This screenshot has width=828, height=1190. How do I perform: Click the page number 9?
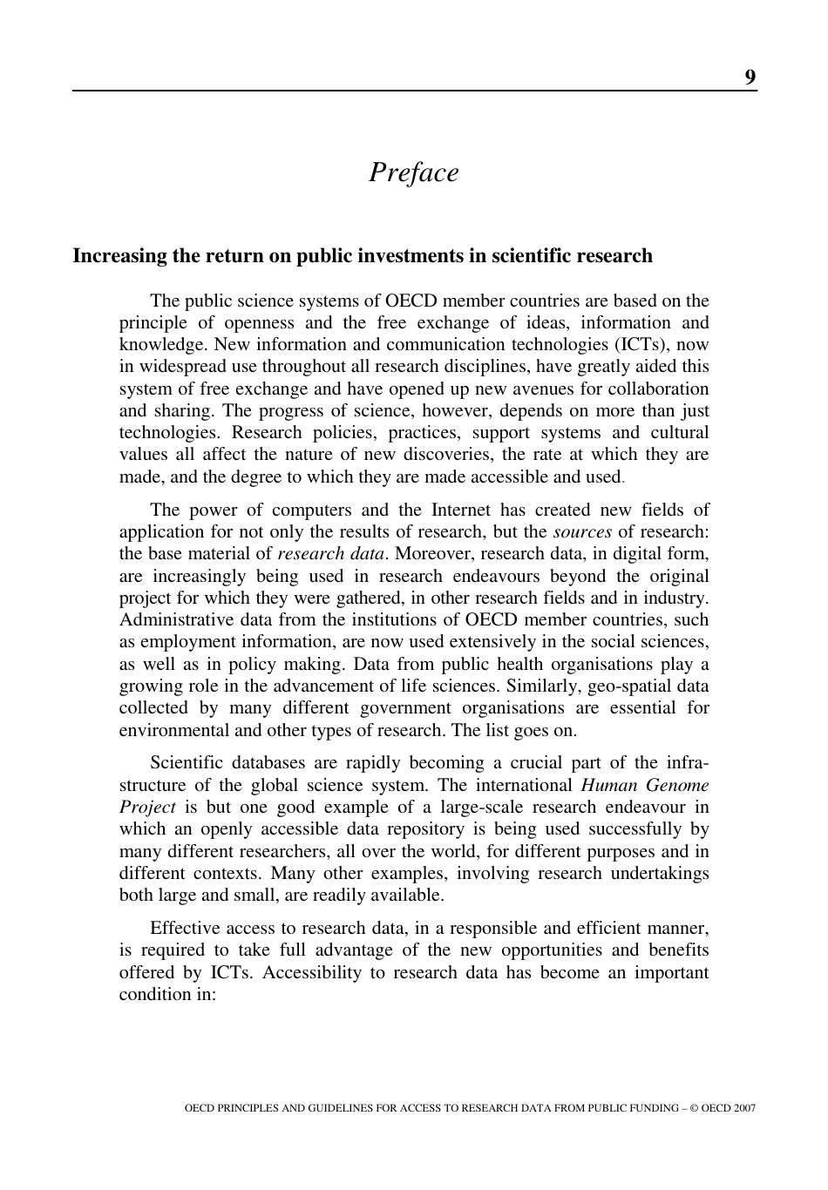coord(750,78)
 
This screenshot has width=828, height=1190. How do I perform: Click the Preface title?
coord(413,172)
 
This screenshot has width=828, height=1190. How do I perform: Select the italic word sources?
coord(582,531)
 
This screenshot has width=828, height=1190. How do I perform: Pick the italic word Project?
coord(147,807)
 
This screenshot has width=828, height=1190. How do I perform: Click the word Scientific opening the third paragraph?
coord(190,762)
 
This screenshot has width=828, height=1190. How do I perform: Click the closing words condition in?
coord(166,994)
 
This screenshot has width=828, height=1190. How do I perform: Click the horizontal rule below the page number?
coord(414,90)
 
